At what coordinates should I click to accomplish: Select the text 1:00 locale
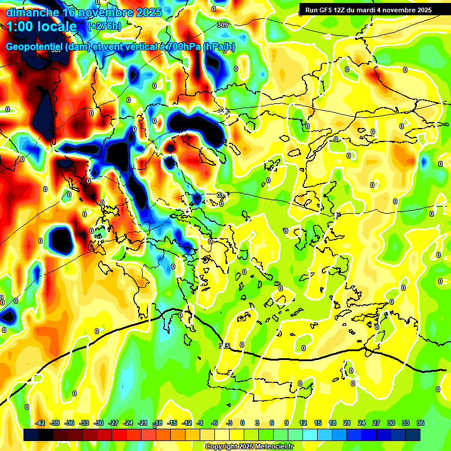(x=42, y=26)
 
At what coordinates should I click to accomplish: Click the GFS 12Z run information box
(x=368, y=9)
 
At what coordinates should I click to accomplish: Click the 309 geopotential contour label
(x=222, y=25)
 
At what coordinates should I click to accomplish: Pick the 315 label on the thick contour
(x=224, y=346)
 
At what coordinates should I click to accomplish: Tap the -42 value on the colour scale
(x=41, y=423)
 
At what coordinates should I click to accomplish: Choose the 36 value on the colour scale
(x=420, y=423)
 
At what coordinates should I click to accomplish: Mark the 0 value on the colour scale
(x=243, y=423)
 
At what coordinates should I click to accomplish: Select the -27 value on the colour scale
(x=113, y=423)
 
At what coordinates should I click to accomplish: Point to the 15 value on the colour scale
(x=318, y=423)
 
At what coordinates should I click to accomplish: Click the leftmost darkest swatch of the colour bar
(x=31, y=435)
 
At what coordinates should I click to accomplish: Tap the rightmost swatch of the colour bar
(x=413, y=435)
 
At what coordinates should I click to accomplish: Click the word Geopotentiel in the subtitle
(x=34, y=46)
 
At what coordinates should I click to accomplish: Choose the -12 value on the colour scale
(x=187, y=423)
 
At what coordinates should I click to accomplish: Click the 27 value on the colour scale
(x=376, y=423)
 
